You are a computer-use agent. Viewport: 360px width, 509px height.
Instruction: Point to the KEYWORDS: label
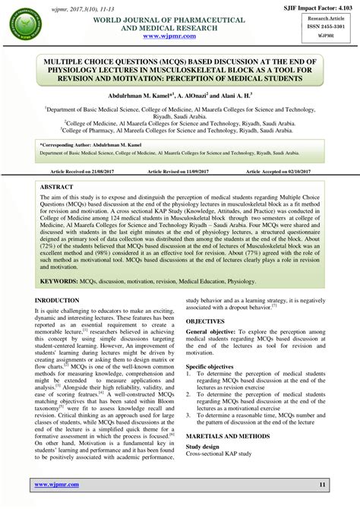click(66, 280)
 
